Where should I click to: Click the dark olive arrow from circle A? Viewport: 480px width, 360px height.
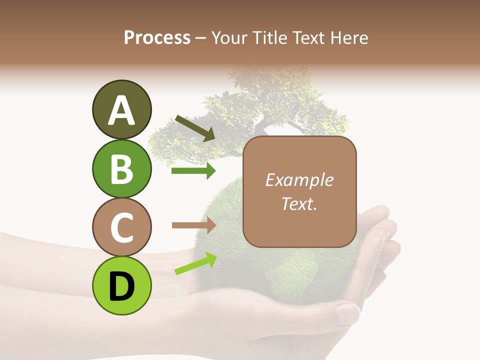tap(195, 128)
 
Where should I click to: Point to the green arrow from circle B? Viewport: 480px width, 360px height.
tap(193, 171)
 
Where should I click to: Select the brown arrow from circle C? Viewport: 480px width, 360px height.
tap(193, 225)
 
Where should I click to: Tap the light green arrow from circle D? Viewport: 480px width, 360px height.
tap(195, 263)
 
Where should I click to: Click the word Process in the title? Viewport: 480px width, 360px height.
tap(157, 38)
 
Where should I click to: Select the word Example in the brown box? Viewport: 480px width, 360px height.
tap(299, 180)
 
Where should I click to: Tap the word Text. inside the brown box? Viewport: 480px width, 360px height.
tap(299, 203)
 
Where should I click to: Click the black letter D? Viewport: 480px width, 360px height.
tap(121, 286)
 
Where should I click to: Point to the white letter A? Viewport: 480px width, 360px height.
tap(121, 110)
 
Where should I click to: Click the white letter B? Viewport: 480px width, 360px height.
tap(121, 169)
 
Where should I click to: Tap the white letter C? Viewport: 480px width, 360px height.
tap(121, 227)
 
